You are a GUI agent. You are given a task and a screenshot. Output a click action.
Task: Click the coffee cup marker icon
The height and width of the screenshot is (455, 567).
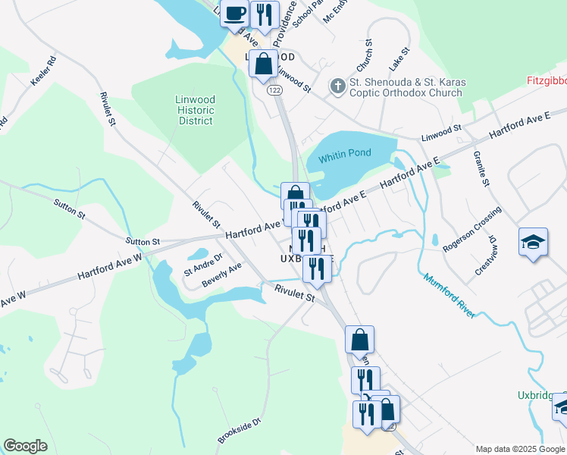[x=235, y=13]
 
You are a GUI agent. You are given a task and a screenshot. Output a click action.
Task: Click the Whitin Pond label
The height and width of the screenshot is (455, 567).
[x=344, y=153]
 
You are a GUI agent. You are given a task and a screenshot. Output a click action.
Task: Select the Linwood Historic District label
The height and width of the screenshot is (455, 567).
[x=196, y=110]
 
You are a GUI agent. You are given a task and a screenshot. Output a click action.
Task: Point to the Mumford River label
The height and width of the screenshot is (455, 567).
[x=450, y=295]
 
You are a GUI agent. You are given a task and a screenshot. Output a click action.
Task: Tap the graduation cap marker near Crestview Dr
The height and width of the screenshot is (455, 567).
[x=533, y=243]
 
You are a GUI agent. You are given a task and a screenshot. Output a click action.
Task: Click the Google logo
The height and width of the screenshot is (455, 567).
[x=25, y=446]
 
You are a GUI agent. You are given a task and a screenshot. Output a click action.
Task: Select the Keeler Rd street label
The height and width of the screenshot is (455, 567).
[x=42, y=71]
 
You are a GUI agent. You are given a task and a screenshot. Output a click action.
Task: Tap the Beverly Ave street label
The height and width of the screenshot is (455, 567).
[x=221, y=275]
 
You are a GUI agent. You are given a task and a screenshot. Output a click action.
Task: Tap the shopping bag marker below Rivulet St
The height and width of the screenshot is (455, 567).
[x=360, y=340]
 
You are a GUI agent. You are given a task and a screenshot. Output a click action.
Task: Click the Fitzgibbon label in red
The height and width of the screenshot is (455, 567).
[x=546, y=80]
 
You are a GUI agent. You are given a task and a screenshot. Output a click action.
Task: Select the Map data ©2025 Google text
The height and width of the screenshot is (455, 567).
[x=520, y=449]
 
